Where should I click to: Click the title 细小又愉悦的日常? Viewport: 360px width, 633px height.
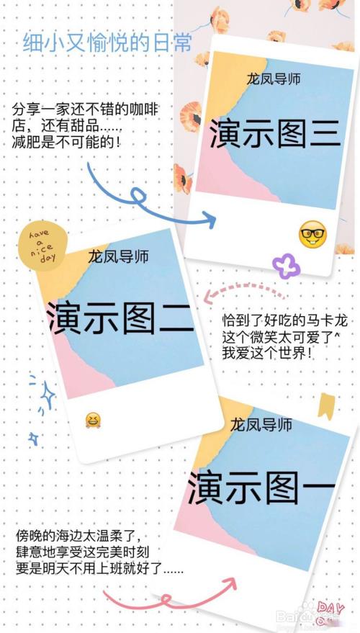tap(107, 42)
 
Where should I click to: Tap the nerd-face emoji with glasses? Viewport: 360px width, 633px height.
tap(312, 235)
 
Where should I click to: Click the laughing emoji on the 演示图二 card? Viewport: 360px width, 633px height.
tap(93, 421)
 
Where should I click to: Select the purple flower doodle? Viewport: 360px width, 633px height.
tap(287, 265)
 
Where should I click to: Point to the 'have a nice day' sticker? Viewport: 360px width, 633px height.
tap(40, 246)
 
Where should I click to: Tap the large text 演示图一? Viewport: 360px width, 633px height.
tap(261, 488)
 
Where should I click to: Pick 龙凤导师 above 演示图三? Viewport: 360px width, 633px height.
tap(274, 78)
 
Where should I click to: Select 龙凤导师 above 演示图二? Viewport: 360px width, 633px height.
tap(118, 256)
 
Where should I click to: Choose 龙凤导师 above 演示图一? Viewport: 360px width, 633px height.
tap(261, 424)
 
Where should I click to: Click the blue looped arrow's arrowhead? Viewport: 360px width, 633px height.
tap(209, 220)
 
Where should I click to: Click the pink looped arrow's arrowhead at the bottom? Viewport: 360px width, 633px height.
tap(228, 585)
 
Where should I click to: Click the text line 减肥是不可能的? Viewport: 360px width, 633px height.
tap(66, 143)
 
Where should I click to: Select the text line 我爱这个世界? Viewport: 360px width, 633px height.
tap(267, 354)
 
